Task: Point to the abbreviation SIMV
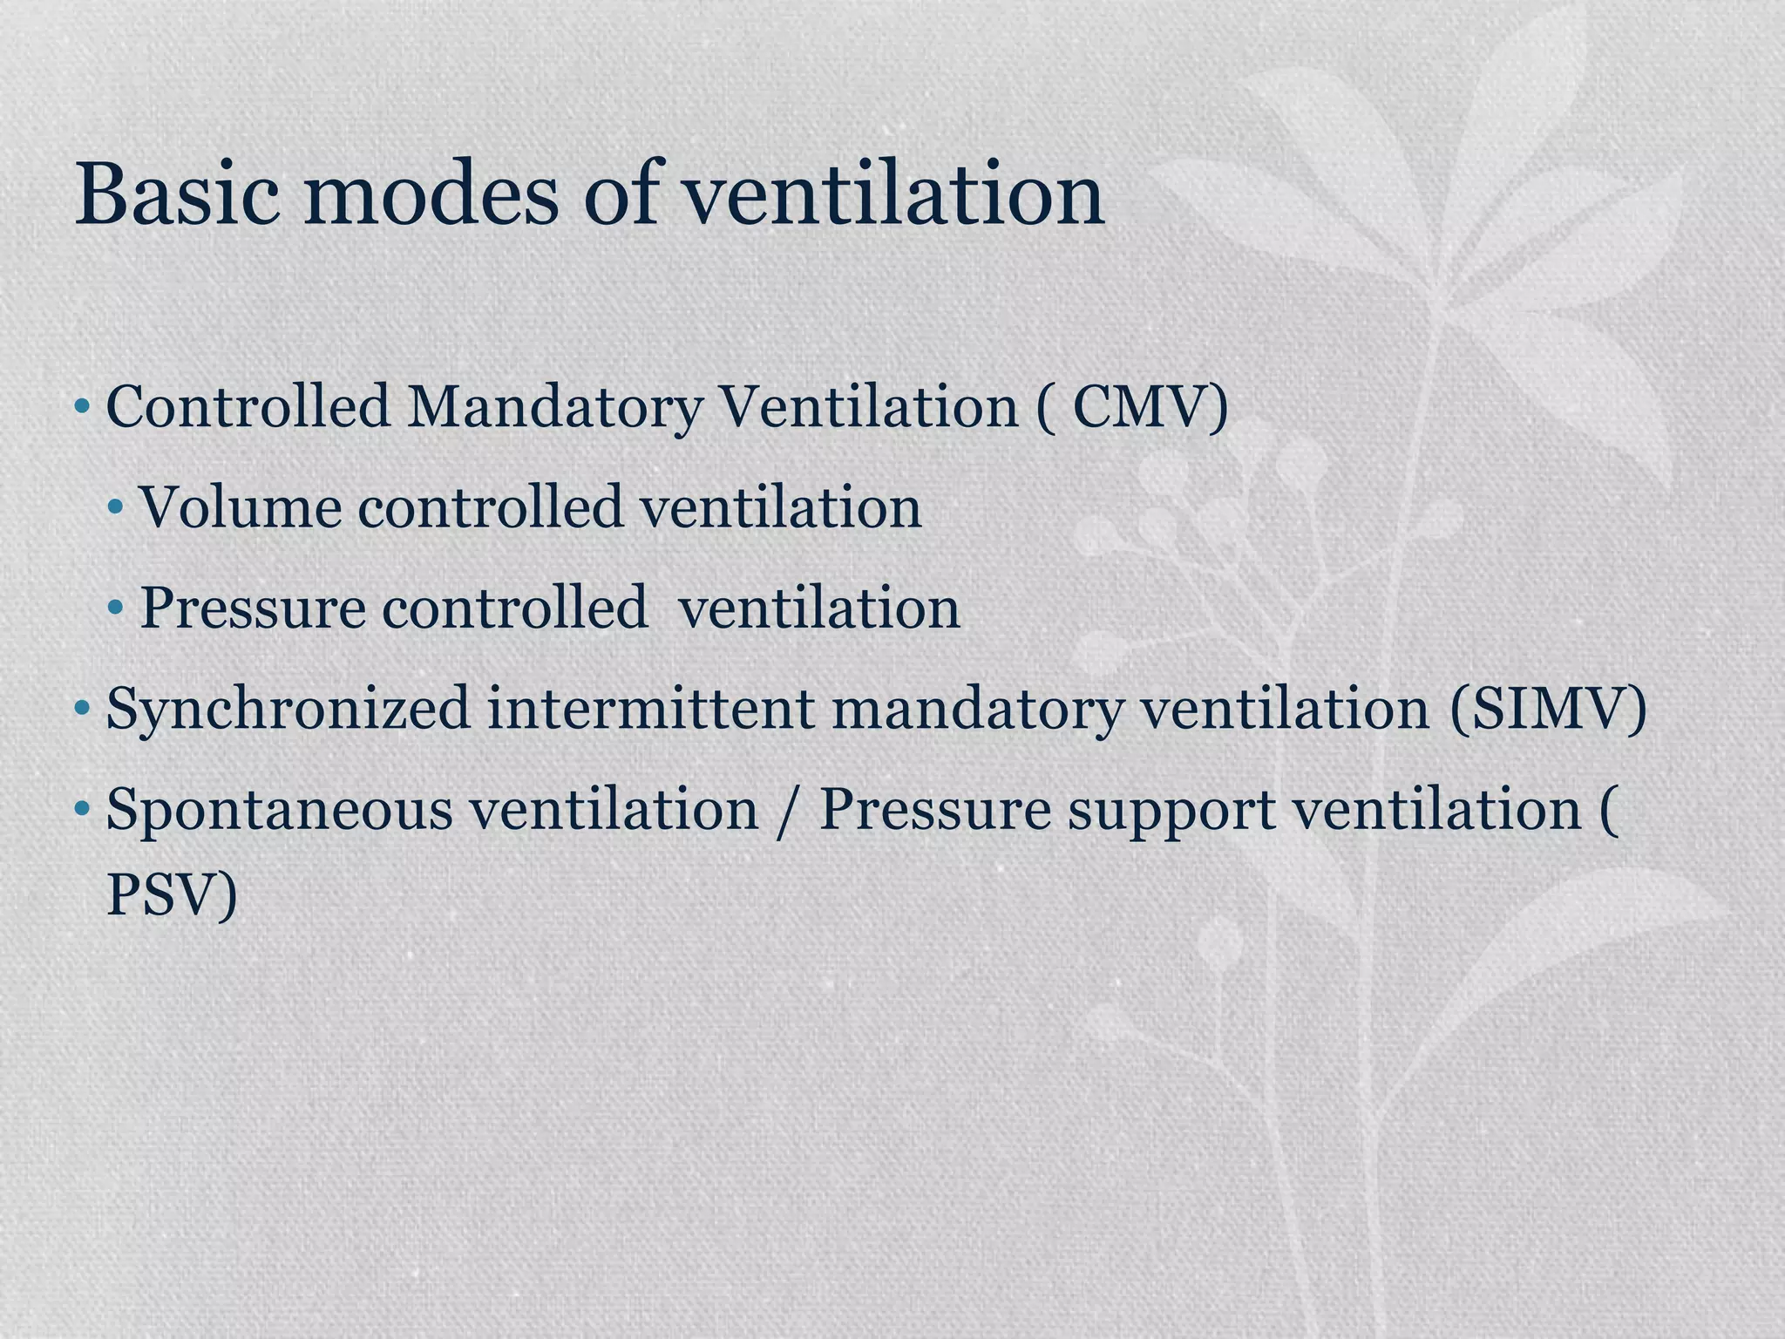click(1548, 708)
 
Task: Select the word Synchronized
click(288, 710)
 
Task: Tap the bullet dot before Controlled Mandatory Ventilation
click(82, 406)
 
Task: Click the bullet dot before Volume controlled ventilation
click(116, 507)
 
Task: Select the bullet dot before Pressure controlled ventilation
click(116, 608)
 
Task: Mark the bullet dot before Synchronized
click(82, 708)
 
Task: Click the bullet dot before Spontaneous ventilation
click(82, 809)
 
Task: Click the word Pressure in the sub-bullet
click(253, 608)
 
